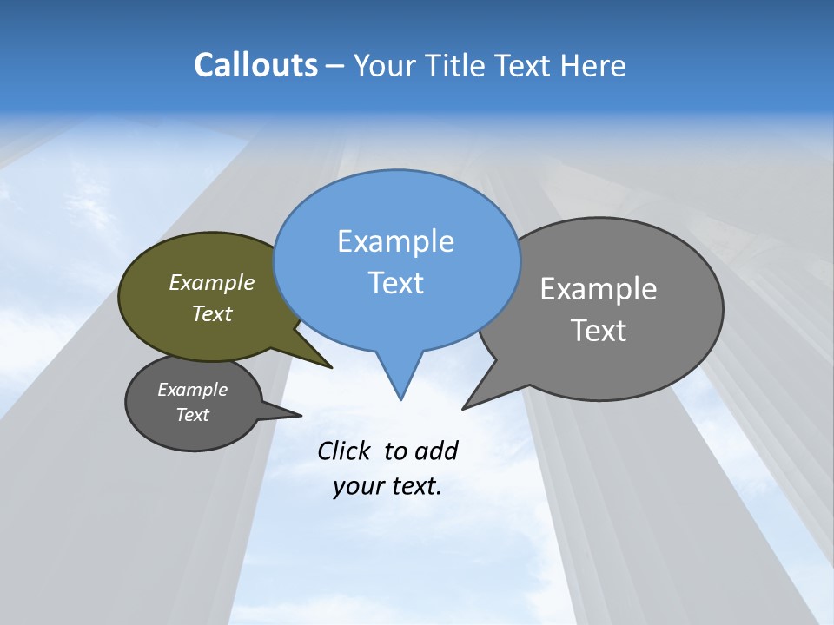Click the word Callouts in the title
point(255,65)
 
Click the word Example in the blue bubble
point(395,241)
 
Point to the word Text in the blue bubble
point(395,283)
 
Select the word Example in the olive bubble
point(212,282)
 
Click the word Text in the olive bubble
point(212,313)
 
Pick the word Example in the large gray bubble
point(599,288)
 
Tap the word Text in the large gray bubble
point(599,330)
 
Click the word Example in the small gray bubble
point(193,390)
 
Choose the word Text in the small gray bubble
point(193,415)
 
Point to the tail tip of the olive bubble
point(330,367)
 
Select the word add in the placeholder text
point(436,451)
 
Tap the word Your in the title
point(382,65)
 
